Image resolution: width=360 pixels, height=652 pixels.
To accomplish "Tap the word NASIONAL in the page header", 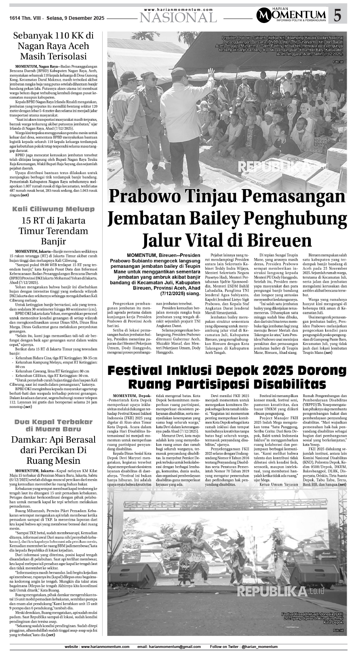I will point(178,17).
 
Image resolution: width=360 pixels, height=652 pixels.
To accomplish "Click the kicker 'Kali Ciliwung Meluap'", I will point(53,209).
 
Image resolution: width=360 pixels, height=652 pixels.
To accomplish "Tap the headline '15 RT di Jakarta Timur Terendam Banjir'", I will point(53,231).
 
